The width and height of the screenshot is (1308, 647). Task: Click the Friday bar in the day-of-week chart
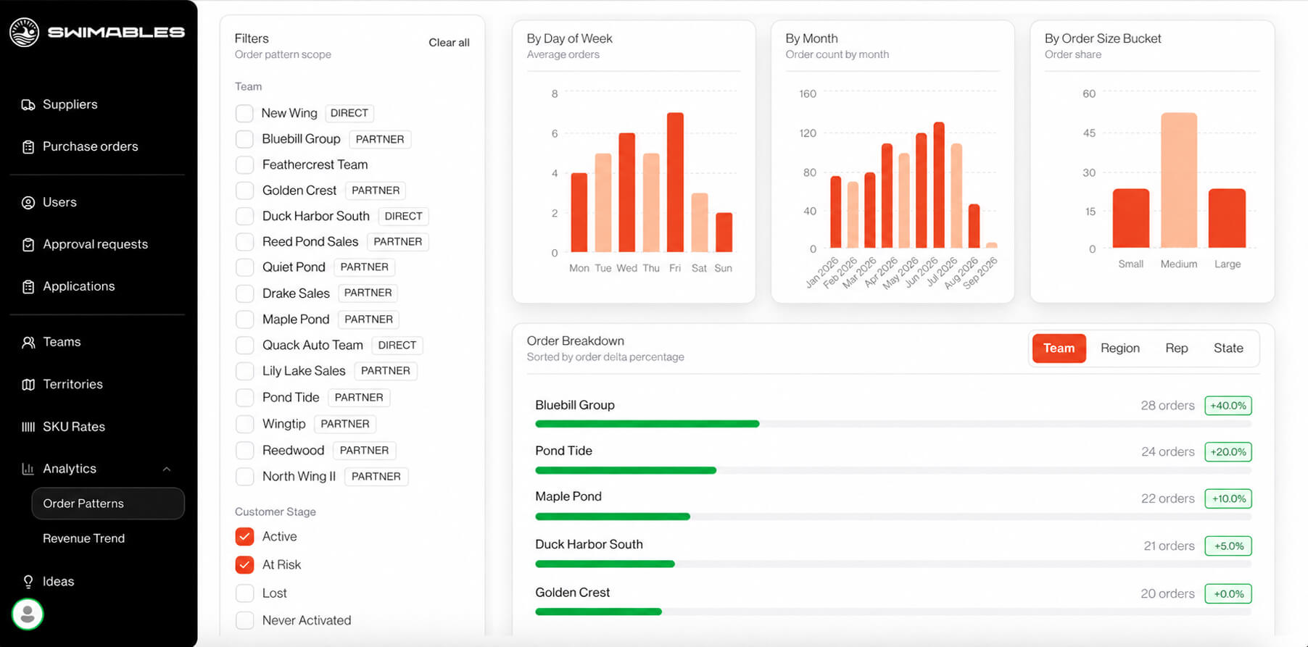[675, 183]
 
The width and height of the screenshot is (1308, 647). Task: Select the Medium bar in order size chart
[1179, 180]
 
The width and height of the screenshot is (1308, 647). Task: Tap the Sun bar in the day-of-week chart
[724, 233]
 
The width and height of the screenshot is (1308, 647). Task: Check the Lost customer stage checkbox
[244, 593]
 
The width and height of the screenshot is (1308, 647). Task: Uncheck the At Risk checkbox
[244, 565]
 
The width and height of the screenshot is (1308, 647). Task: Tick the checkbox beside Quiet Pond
[244, 267]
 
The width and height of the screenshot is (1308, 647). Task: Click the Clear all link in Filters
[449, 43]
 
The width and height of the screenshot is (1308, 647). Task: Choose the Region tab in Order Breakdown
[1119, 348]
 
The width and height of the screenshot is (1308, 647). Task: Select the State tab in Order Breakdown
[1228, 348]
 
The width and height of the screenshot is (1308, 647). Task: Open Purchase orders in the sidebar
[90, 146]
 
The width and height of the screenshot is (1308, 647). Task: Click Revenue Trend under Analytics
[83, 538]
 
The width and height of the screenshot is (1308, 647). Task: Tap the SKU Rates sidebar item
[73, 427]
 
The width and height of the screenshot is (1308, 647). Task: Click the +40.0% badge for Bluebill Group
[1228, 406]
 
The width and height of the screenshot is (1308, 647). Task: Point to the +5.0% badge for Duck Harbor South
[1228, 546]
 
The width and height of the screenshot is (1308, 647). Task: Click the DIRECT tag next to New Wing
[349, 113]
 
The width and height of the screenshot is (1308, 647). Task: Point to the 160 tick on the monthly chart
[808, 94]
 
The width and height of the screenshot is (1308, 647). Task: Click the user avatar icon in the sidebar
[28, 614]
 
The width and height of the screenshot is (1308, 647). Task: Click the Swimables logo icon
[24, 32]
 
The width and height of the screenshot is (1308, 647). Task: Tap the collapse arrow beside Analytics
[167, 469]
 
